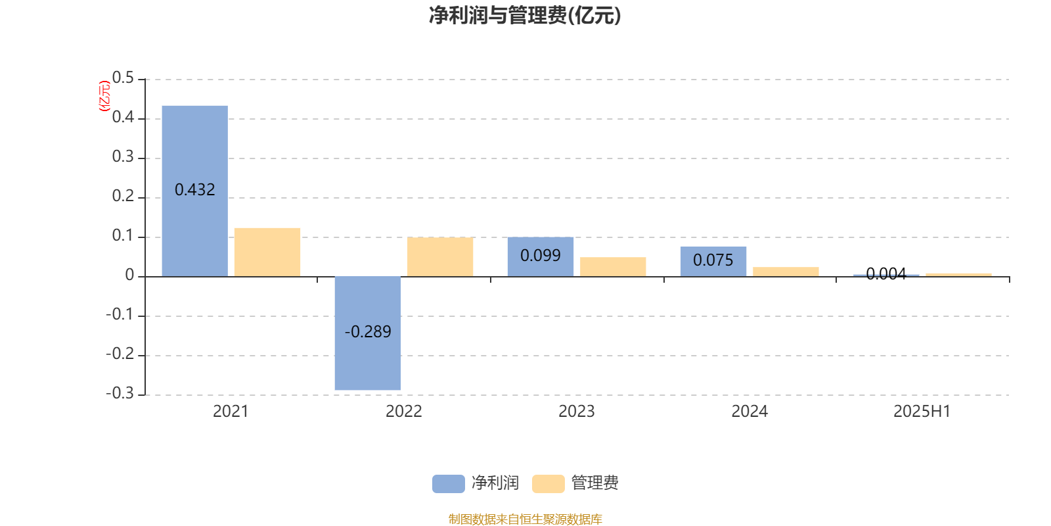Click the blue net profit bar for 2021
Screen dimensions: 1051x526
(194, 191)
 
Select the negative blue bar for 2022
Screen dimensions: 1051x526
(368, 333)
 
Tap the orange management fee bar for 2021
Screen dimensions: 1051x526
(267, 252)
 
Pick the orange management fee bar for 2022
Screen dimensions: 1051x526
(440, 257)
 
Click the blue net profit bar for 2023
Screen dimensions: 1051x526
(541, 257)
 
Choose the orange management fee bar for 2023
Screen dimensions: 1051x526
(613, 267)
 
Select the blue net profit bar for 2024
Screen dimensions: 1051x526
(713, 262)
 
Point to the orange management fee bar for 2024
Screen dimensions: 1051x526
(786, 272)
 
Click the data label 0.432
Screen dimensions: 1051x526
(194, 190)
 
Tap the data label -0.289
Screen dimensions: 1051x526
(368, 332)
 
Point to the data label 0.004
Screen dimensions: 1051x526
(886, 274)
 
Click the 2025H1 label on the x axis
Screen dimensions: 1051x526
(922, 412)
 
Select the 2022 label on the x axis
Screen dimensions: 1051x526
(403, 412)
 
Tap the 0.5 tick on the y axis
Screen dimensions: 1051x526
(123, 78)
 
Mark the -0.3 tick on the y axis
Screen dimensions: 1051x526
(120, 393)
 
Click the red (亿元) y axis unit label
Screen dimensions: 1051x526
(104, 96)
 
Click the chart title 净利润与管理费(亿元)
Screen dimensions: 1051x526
(525, 16)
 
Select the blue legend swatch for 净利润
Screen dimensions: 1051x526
(449, 484)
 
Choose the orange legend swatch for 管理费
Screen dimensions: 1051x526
(548, 484)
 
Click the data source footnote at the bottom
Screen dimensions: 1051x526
(525, 519)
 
